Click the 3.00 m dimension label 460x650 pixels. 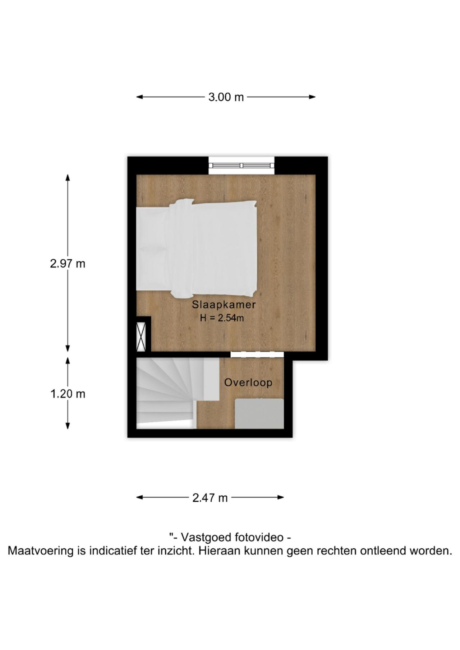226,97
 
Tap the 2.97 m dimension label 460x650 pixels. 68,264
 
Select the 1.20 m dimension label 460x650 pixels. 68,394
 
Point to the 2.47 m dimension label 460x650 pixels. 210,498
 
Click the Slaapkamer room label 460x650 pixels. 224,305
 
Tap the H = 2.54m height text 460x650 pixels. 222,318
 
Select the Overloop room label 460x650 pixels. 248,382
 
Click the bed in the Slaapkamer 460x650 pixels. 196,248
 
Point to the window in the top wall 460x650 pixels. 241,166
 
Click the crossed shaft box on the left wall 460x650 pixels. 141,336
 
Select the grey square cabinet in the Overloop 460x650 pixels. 259,414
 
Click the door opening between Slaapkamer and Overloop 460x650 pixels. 257,354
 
